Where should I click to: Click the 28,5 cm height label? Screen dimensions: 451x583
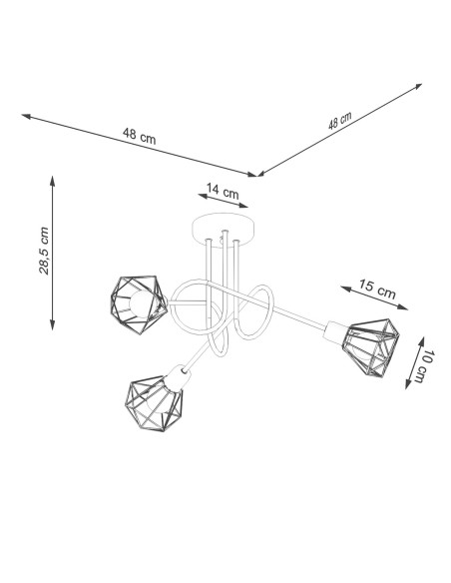pos(44,251)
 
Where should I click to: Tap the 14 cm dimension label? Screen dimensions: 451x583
pos(223,191)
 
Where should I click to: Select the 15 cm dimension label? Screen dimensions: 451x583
pos(377,289)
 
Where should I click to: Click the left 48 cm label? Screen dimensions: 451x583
pos(140,136)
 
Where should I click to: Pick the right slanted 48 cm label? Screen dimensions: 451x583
pos(340,121)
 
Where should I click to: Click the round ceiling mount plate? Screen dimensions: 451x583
pos(225,229)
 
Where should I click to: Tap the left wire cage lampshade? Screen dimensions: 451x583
pos(139,304)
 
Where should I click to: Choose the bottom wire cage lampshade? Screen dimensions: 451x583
pos(155,403)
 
